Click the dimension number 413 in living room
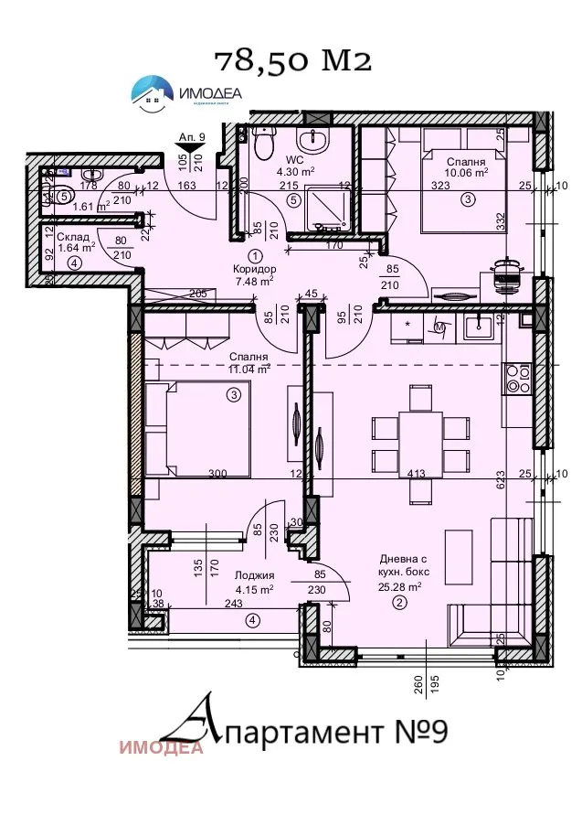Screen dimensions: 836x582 [x=418, y=474]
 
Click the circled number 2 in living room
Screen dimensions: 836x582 [x=398, y=604]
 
